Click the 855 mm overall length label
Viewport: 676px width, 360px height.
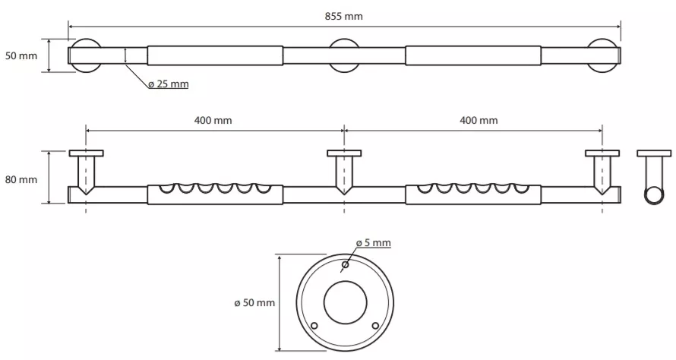(x=343, y=17)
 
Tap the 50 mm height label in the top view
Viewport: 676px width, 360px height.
(x=21, y=55)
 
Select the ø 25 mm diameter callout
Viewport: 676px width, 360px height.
(x=168, y=84)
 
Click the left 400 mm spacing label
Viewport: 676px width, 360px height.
(x=213, y=120)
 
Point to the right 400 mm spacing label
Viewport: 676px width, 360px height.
(x=479, y=120)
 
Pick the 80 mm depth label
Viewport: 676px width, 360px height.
(x=21, y=179)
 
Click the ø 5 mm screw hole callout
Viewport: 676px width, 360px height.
(x=374, y=243)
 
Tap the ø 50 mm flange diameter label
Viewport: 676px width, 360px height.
(x=254, y=303)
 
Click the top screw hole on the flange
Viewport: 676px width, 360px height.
(x=345, y=264)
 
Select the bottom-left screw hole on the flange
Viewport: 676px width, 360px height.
(x=314, y=326)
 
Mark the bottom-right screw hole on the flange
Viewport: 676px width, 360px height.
(x=375, y=326)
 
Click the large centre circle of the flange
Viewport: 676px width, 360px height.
(x=346, y=281)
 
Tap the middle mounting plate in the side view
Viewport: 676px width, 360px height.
(x=344, y=153)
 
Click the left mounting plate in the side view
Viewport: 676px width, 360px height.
(x=87, y=153)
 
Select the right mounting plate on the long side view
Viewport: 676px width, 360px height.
(x=602, y=153)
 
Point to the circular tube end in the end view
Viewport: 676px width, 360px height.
(x=654, y=187)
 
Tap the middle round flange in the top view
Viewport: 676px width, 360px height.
(x=344, y=41)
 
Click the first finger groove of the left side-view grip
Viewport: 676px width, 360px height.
(x=166, y=190)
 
